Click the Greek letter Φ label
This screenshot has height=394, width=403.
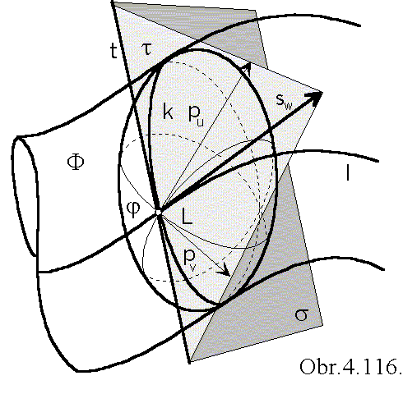(76, 163)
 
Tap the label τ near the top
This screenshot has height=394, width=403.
(147, 49)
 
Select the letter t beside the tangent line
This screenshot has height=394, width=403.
(113, 51)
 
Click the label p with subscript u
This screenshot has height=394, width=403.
(197, 115)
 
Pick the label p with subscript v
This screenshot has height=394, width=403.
(190, 259)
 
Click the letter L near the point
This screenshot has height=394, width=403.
(188, 216)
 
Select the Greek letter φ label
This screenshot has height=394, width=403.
(133, 209)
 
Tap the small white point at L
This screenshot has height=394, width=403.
(158, 212)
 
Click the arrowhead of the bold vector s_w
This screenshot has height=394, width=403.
(314, 97)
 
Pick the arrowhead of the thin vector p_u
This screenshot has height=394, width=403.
(248, 67)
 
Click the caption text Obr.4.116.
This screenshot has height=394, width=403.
(351, 366)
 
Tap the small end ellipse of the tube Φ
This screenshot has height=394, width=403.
(25, 196)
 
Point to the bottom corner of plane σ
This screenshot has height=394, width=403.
(190, 362)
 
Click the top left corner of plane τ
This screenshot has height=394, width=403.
(113, 2)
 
